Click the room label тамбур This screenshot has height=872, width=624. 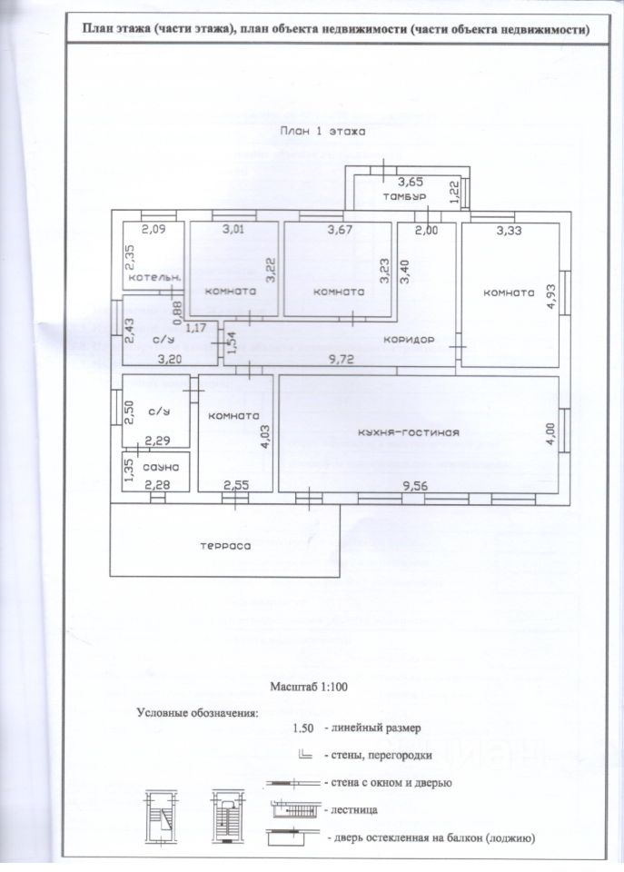tap(401, 197)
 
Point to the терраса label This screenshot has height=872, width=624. tap(224, 547)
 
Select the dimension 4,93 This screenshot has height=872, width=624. tap(550, 296)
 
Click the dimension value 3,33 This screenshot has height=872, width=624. tap(509, 231)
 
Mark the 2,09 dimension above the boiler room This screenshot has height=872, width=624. tap(153, 230)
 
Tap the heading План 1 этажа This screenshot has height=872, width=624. tap(322, 131)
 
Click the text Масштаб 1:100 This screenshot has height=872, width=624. tap(310, 687)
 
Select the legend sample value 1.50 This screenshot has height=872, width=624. tap(303, 728)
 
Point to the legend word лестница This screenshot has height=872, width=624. tap(351, 808)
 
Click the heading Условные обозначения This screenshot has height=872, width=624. tap(197, 712)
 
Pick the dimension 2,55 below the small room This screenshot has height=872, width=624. tap(236, 485)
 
